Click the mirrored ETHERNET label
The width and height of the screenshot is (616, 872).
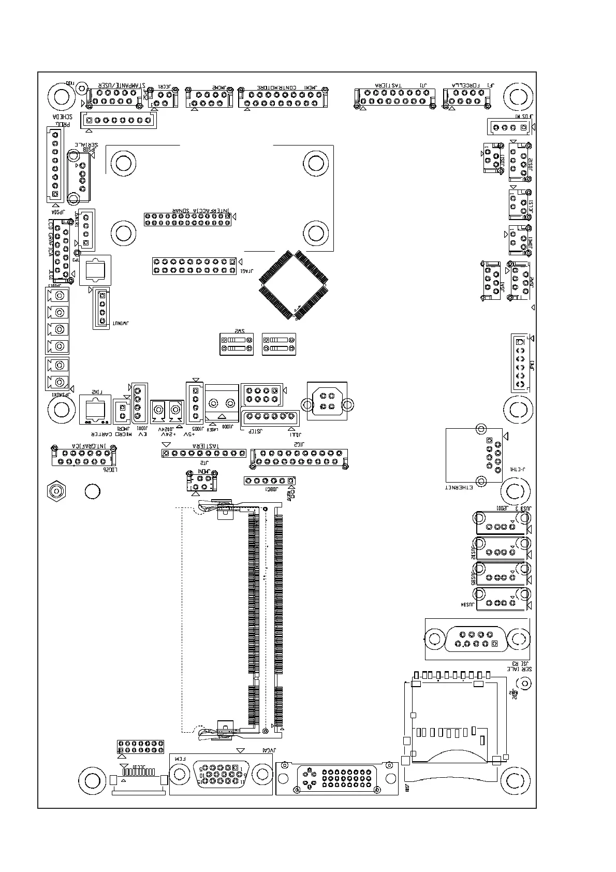pyautogui.click(x=459, y=487)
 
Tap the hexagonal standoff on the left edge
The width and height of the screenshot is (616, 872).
pyautogui.click(x=56, y=490)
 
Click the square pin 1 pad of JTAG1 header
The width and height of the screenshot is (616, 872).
pyautogui.click(x=232, y=261)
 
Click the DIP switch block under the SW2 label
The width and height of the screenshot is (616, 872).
pyautogui.click(x=237, y=344)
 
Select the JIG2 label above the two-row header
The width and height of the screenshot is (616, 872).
pyautogui.click(x=299, y=444)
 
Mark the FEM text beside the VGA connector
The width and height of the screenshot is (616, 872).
pyautogui.click(x=179, y=758)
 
